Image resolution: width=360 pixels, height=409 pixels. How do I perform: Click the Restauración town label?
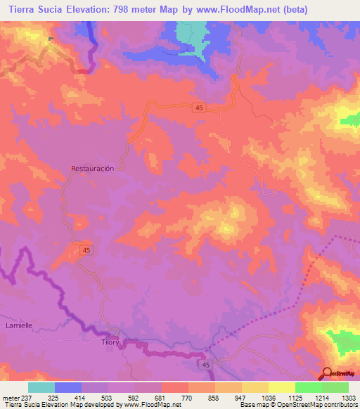[92, 169]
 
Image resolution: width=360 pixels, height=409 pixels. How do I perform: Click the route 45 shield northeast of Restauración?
[200, 107]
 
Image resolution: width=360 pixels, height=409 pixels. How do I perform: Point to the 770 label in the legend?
[187, 398]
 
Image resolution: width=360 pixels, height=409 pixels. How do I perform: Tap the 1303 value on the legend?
[348, 398]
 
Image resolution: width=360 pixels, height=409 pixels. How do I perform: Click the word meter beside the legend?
[11, 398]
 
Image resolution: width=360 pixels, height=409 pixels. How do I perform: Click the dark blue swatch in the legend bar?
[67, 387]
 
